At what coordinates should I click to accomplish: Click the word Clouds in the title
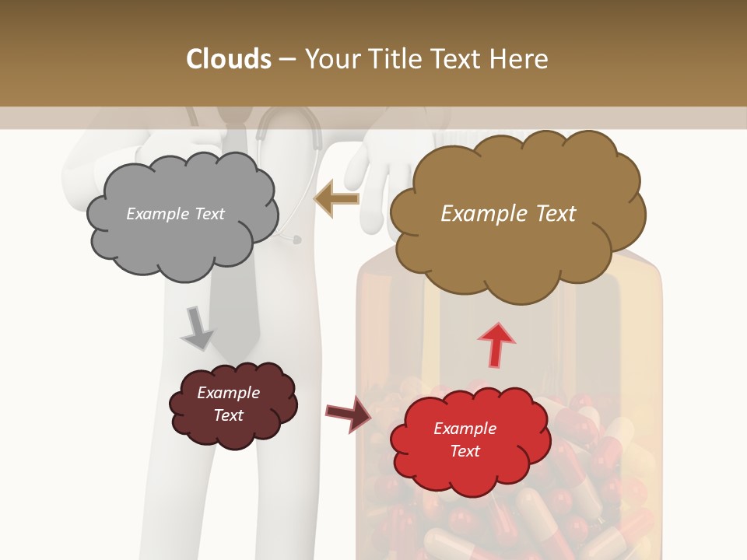pyautogui.click(x=229, y=59)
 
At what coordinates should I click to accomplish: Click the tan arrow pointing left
pyautogui.click(x=336, y=199)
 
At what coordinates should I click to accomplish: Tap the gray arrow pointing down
pyautogui.click(x=197, y=328)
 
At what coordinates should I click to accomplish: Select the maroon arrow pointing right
pyautogui.click(x=348, y=412)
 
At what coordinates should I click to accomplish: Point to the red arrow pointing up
pyautogui.click(x=496, y=345)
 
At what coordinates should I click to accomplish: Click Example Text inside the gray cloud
pyautogui.click(x=175, y=214)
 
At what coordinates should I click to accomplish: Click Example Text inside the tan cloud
pyautogui.click(x=508, y=214)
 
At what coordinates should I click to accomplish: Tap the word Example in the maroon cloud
pyautogui.click(x=228, y=393)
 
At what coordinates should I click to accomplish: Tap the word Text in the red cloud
pyautogui.click(x=465, y=451)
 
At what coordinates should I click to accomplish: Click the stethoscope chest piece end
pyautogui.click(x=296, y=240)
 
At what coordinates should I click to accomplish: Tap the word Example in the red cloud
pyautogui.click(x=465, y=429)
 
